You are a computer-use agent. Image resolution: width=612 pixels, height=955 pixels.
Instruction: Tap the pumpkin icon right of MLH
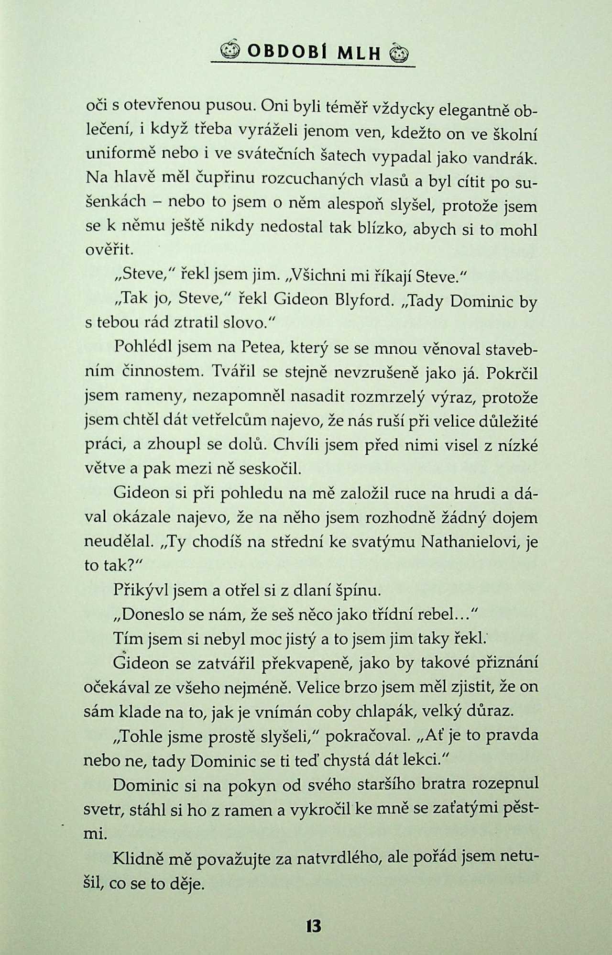(400, 52)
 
